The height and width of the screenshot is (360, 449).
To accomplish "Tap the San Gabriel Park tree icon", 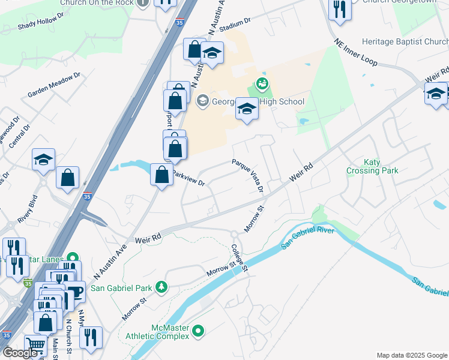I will click(x=161, y=287).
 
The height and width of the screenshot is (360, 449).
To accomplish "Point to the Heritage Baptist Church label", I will click(x=405, y=42).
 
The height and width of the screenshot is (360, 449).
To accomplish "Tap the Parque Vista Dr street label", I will click(x=248, y=176).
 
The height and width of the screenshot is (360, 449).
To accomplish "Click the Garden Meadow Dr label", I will click(x=54, y=86).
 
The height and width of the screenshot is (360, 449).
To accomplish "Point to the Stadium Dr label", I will click(x=234, y=28).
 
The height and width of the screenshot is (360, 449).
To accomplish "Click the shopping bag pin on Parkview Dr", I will click(x=162, y=175).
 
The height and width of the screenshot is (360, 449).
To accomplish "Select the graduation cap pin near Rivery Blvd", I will click(x=43, y=160).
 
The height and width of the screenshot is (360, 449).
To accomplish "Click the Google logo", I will click(x=20, y=353).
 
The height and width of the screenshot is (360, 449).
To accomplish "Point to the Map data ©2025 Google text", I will click(x=411, y=355).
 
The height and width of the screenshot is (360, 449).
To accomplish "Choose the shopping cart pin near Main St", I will click(x=35, y=346).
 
